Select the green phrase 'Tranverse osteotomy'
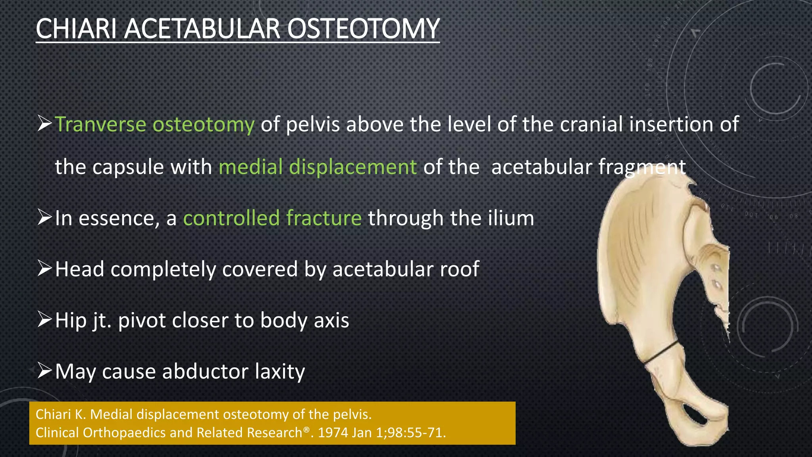(155, 125)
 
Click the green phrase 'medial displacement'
(318, 167)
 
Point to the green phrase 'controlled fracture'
(272, 218)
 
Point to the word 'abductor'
(205, 372)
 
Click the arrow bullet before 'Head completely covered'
(44, 268)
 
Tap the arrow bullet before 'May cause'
(44, 371)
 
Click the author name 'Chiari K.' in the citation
(61, 415)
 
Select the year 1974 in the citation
(333, 433)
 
